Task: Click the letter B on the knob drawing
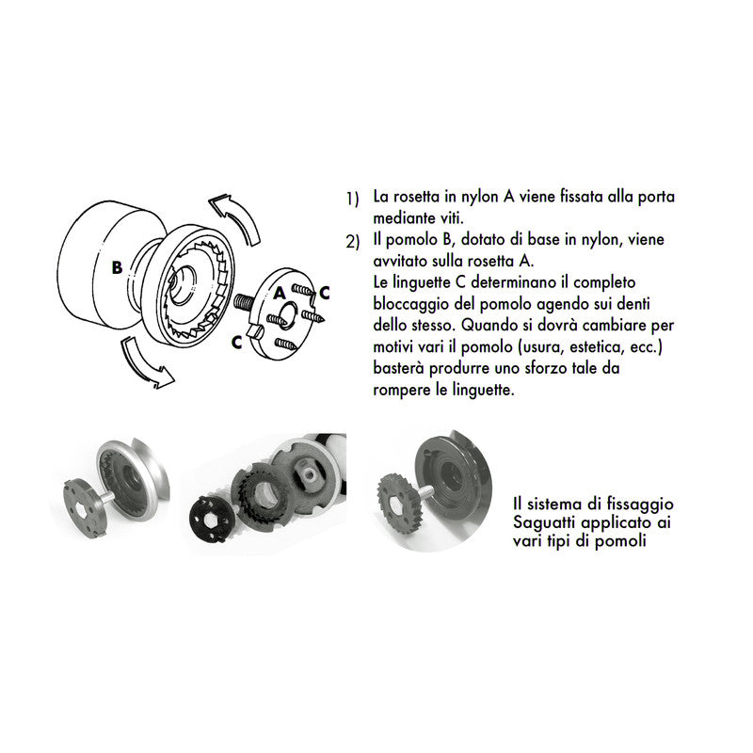click(x=117, y=267)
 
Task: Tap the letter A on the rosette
click(x=280, y=292)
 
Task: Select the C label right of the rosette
click(x=324, y=293)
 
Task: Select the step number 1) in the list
click(x=352, y=200)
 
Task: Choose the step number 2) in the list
click(x=352, y=241)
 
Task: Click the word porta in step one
click(x=656, y=198)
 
